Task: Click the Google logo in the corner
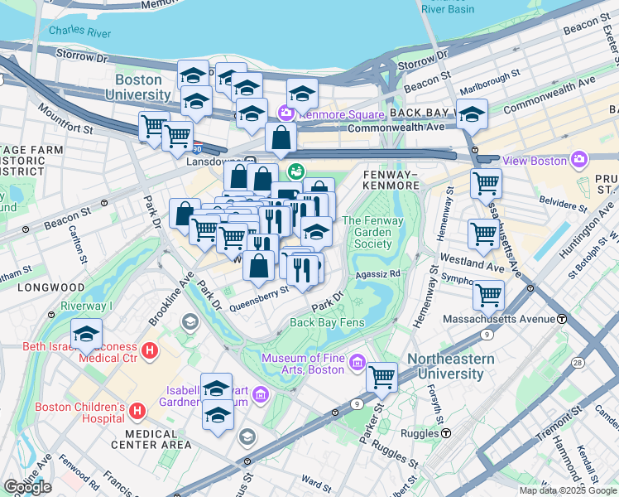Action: (x=27, y=487)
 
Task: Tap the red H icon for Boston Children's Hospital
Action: (x=137, y=410)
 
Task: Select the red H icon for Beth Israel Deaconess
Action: (x=150, y=351)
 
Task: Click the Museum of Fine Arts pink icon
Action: (x=357, y=362)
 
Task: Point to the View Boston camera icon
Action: (x=579, y=159)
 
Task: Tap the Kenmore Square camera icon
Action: (x=287, y=113)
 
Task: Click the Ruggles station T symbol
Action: (x=446, y=432)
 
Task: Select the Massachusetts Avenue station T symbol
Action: (x=562, y=319)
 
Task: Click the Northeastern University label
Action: (x=450, y=366)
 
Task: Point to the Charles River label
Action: (x=79, y=31)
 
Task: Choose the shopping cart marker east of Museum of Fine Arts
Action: (x=381, y=377)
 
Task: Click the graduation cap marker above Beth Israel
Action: (x=86, y=334)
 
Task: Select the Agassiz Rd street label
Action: (x=378, y=272)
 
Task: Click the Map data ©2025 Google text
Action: (x=567, y=490)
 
